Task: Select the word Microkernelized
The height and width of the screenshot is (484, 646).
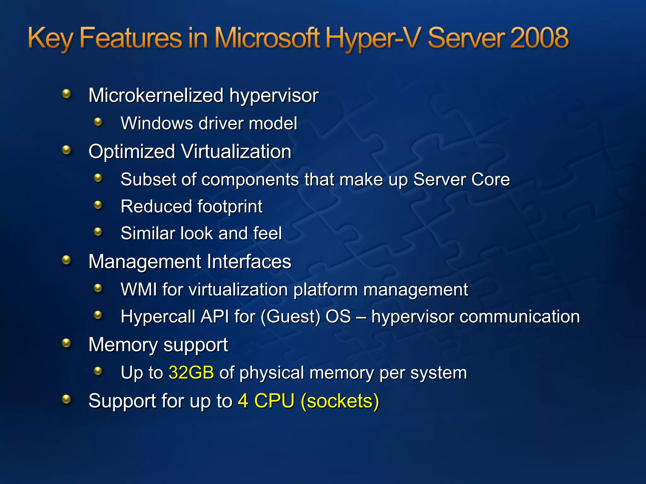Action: (x=156, y=95)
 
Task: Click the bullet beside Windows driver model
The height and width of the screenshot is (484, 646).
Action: (x=98, y=122)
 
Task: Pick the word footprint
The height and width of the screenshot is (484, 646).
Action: (x=230, y=207)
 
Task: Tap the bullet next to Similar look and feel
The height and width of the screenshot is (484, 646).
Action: (x=98, y=232)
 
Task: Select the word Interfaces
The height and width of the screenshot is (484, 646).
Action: (x=249, y=262)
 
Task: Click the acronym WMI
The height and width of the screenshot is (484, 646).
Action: (x=139, y=289)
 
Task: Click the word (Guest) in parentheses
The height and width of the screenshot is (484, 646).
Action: (x=291, y=317)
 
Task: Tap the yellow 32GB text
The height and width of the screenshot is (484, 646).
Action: (x=191, y=372)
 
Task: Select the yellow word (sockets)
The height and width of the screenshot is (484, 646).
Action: (x=340, y=401)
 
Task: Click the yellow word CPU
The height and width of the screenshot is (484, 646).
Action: (x=274, y=401)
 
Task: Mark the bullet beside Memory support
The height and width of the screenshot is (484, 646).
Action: (x=66, y=343)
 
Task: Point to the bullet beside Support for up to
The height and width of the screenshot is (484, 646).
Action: (x=66, y=399)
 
